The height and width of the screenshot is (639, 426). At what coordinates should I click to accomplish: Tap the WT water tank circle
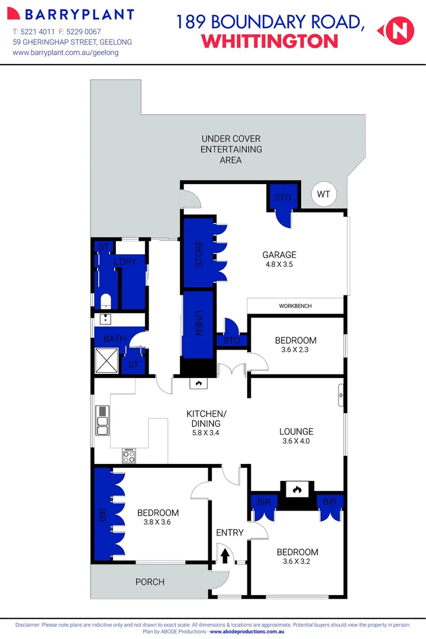pos(324,194)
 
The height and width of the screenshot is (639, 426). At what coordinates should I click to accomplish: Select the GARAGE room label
pos(279,255)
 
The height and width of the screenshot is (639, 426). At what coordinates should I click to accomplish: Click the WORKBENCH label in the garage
pos(295,306)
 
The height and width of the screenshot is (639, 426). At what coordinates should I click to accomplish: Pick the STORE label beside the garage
pos(199,253)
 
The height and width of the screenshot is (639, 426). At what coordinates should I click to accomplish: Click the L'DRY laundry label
pos(130,262)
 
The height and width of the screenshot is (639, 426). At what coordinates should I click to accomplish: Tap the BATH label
pos(114,339)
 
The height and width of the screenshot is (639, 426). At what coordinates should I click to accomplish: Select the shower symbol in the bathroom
pos(107,360)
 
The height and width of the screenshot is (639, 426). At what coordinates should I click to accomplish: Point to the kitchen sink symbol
pos(102,420)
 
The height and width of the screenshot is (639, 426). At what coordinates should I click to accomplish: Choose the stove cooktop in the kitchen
pos(130,456)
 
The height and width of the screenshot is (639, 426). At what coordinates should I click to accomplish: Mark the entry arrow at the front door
pos(225,556)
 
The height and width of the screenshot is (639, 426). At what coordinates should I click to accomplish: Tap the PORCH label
pos(150,582)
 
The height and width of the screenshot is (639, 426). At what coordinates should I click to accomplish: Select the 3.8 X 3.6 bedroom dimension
pos(157,522)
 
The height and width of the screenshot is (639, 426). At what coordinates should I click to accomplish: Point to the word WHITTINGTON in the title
pos(270,41)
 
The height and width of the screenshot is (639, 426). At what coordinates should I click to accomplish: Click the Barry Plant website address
pos(66,53)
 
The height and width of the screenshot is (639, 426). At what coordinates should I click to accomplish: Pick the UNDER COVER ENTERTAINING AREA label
pos(231,149)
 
